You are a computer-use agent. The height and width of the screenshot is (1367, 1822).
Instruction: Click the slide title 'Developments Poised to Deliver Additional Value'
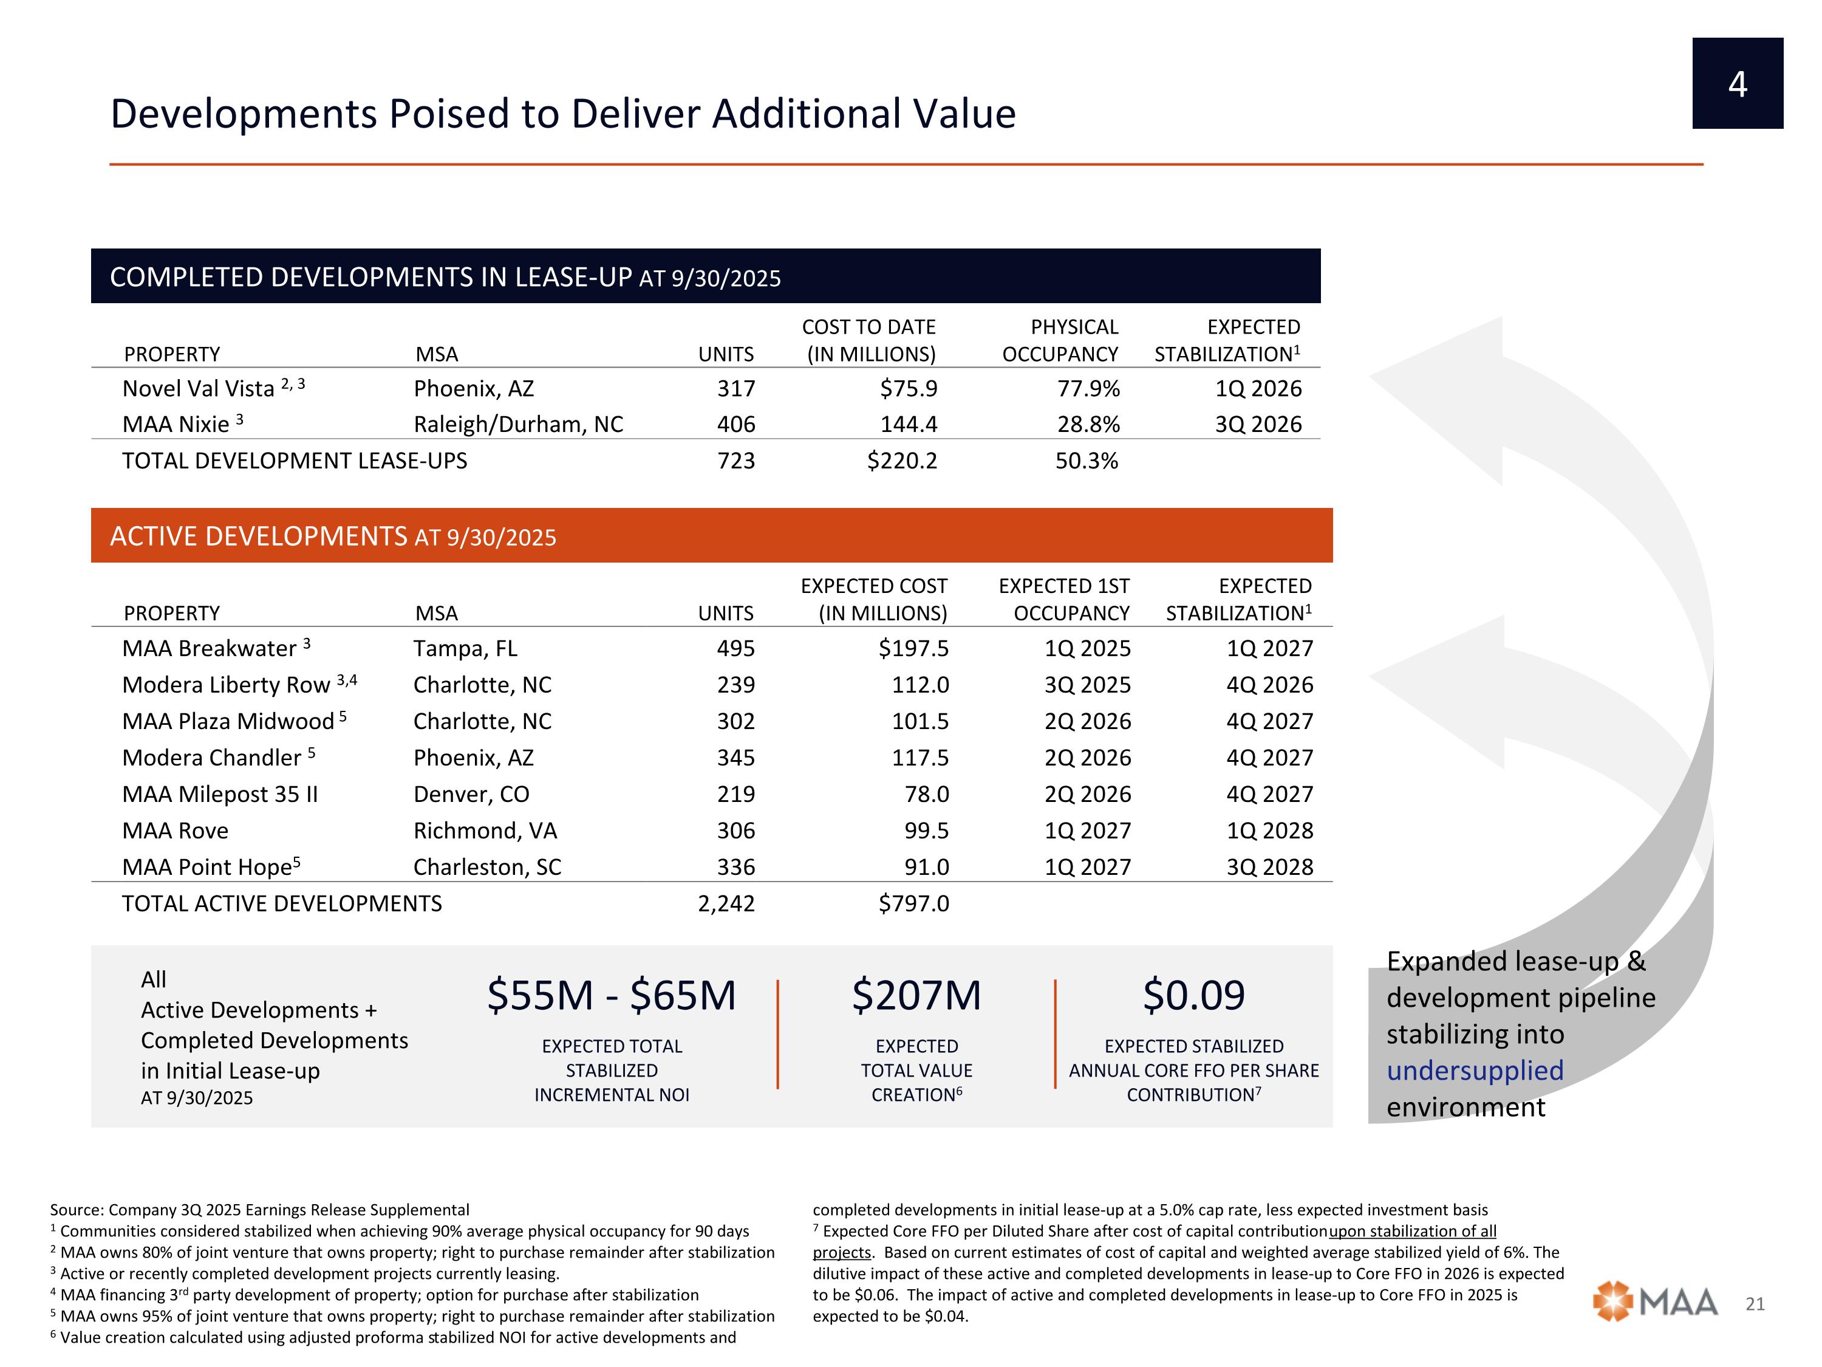click(562, 114)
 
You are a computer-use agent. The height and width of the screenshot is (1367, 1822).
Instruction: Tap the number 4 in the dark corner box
click(1737, 84)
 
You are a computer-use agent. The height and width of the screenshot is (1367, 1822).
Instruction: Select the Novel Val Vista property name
click(199, 389)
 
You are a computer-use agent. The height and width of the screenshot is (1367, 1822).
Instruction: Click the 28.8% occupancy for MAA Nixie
click(1088, 424)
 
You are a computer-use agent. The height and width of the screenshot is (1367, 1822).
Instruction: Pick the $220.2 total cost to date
click(902, 461)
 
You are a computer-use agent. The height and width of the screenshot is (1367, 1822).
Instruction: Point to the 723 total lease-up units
click(735, 461)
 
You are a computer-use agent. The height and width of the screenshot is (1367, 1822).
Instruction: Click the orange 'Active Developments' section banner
click(711, 536)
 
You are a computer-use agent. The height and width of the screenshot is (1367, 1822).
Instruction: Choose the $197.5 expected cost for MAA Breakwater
click(913, 648)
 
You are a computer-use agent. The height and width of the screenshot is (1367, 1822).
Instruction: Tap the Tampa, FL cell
click(465, 648)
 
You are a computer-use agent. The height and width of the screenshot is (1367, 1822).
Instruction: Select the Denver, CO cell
click(471, 794)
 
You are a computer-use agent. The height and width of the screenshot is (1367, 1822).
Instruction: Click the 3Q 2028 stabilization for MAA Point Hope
click(1269, 867)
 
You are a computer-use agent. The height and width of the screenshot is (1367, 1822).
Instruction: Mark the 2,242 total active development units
click(726, 904)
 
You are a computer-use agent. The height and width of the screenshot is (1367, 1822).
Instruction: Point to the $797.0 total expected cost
click(913, 904)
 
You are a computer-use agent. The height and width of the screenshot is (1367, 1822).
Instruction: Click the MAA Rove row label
click(176, 831)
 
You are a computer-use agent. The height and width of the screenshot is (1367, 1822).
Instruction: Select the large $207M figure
click(916, 995)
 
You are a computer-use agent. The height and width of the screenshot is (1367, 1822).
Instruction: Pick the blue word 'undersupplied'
click(1475, 1071)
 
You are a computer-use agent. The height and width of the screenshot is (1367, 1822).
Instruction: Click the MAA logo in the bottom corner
click(1656, 1302)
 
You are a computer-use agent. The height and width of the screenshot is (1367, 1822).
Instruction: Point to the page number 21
click(1755, 1304)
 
